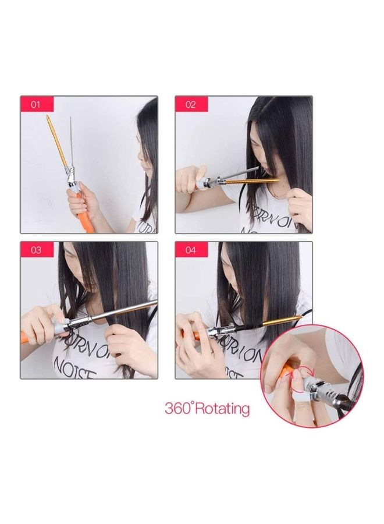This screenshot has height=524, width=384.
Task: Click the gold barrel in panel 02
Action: coord(250,182)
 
